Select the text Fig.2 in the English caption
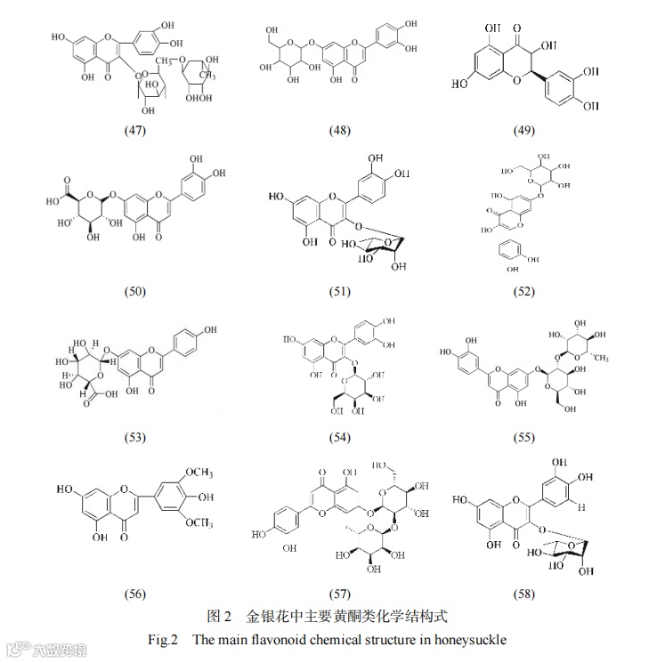pyautogui.click(x=163, y=640)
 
